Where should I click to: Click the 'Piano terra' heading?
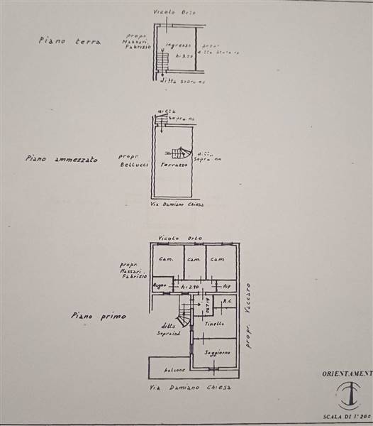click(70, 41)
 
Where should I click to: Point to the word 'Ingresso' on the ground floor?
click(177, 46)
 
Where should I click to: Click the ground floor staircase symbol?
click(162, 63)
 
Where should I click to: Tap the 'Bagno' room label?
click(161, 285)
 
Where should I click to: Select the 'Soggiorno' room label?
click(216, 352)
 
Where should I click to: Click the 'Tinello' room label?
click(216, 324)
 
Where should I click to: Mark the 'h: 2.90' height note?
click(189, 285)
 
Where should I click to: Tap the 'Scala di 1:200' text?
click(348, 420)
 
